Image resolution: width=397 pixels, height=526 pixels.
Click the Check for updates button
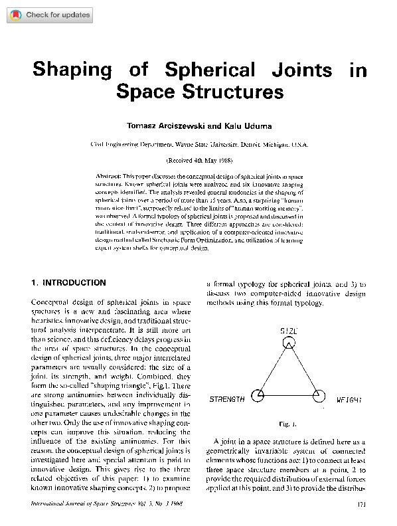[x=48, y=15]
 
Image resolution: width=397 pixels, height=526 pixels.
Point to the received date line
[x=199, y=161]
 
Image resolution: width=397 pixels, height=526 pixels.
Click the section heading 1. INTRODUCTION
[x=68, y=282]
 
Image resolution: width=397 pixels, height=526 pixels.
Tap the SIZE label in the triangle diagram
[x=288, y=331]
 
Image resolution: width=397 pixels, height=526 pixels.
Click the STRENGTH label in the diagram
[x=227, y=400]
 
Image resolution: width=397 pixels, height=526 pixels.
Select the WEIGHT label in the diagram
[x=349, y=400]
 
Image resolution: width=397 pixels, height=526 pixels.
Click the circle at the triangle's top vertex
[x=288, y=343]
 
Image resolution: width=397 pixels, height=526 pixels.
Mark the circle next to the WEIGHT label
[x=319, y=396]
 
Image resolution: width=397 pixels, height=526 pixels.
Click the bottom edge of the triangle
[x=289, y=396]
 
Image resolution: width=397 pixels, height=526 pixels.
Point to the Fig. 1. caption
[x=288, y=423]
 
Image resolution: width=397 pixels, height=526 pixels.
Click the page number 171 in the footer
[x=361, y=504]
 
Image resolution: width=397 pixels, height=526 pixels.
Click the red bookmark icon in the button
[x=15, y=15]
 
